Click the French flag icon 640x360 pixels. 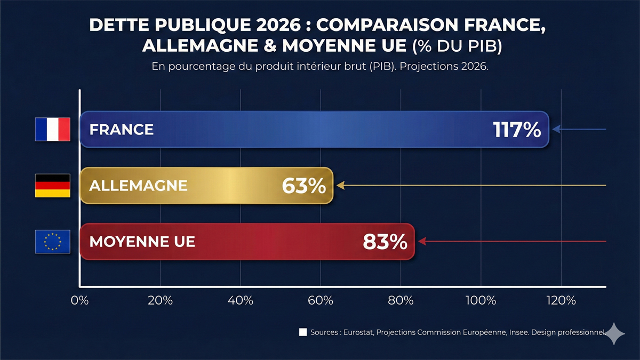tap(52, 129)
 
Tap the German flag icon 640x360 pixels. tap(52, 186)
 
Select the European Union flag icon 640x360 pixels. tap(52, 242)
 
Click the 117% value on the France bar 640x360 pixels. tap(517, 130)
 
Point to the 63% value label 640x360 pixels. tap(303, 186)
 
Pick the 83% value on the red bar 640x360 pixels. tap(385, 242)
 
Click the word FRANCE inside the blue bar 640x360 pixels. tap(122, 130)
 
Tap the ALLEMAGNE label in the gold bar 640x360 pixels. tap(139, 186)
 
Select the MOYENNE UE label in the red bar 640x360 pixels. tap(142, 242)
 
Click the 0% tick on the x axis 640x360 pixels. tap(79, 300)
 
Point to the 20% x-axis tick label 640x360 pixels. tap(160, 300)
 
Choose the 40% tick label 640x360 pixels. tap(240, 300)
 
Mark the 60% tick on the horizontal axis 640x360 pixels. tap(321, 300)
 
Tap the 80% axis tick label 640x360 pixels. tap(401, 300)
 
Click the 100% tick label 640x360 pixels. tap(481, 300)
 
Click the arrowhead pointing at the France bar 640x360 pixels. tap(556, 129)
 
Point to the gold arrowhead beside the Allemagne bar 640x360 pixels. tap(340, 186)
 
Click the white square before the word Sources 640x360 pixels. tap(303, 332)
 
